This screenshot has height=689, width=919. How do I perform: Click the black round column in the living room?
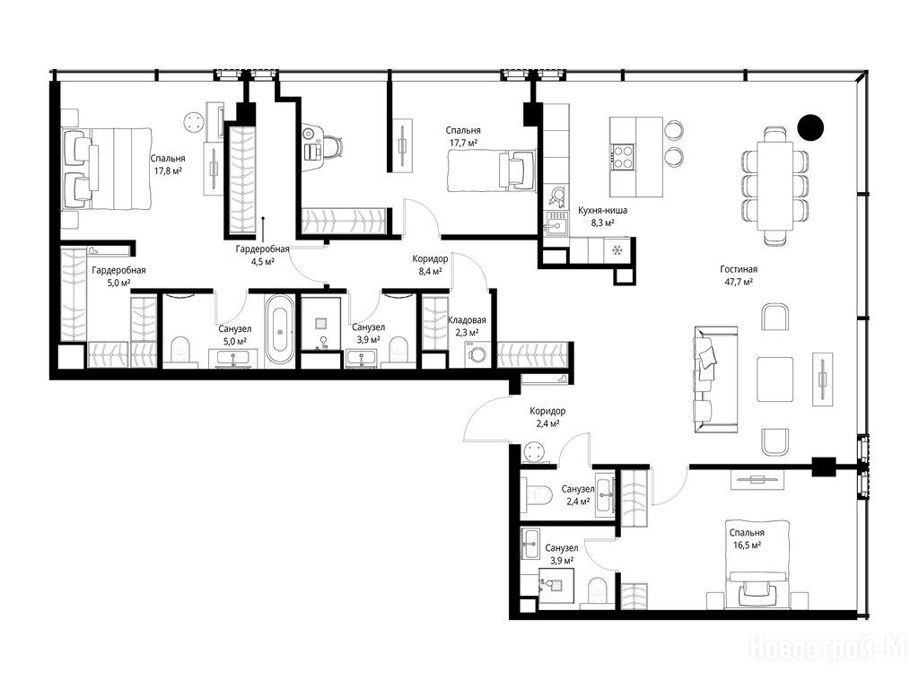[810, 126]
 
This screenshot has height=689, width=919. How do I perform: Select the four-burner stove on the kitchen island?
[623, 156]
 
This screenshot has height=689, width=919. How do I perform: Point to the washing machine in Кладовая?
[478, 354]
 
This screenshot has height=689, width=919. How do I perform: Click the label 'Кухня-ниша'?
[602, 210]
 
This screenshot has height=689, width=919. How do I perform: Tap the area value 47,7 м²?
[738, 281]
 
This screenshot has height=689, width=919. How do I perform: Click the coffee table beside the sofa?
[775, 379]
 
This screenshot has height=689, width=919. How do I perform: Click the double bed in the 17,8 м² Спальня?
[107, 168]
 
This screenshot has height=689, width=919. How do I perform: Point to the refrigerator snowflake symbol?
[616, 250]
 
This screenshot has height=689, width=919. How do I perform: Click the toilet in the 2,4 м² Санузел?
[538, 495]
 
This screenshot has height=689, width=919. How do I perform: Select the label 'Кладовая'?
[467, 320]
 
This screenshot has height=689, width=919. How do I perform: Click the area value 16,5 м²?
[747, 545]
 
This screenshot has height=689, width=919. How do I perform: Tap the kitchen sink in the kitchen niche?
[556, 223]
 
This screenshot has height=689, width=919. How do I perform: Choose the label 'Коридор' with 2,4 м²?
[547, 411]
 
